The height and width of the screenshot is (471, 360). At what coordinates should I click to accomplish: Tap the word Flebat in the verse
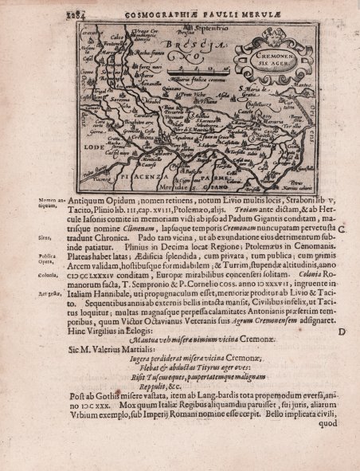point(151,371)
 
